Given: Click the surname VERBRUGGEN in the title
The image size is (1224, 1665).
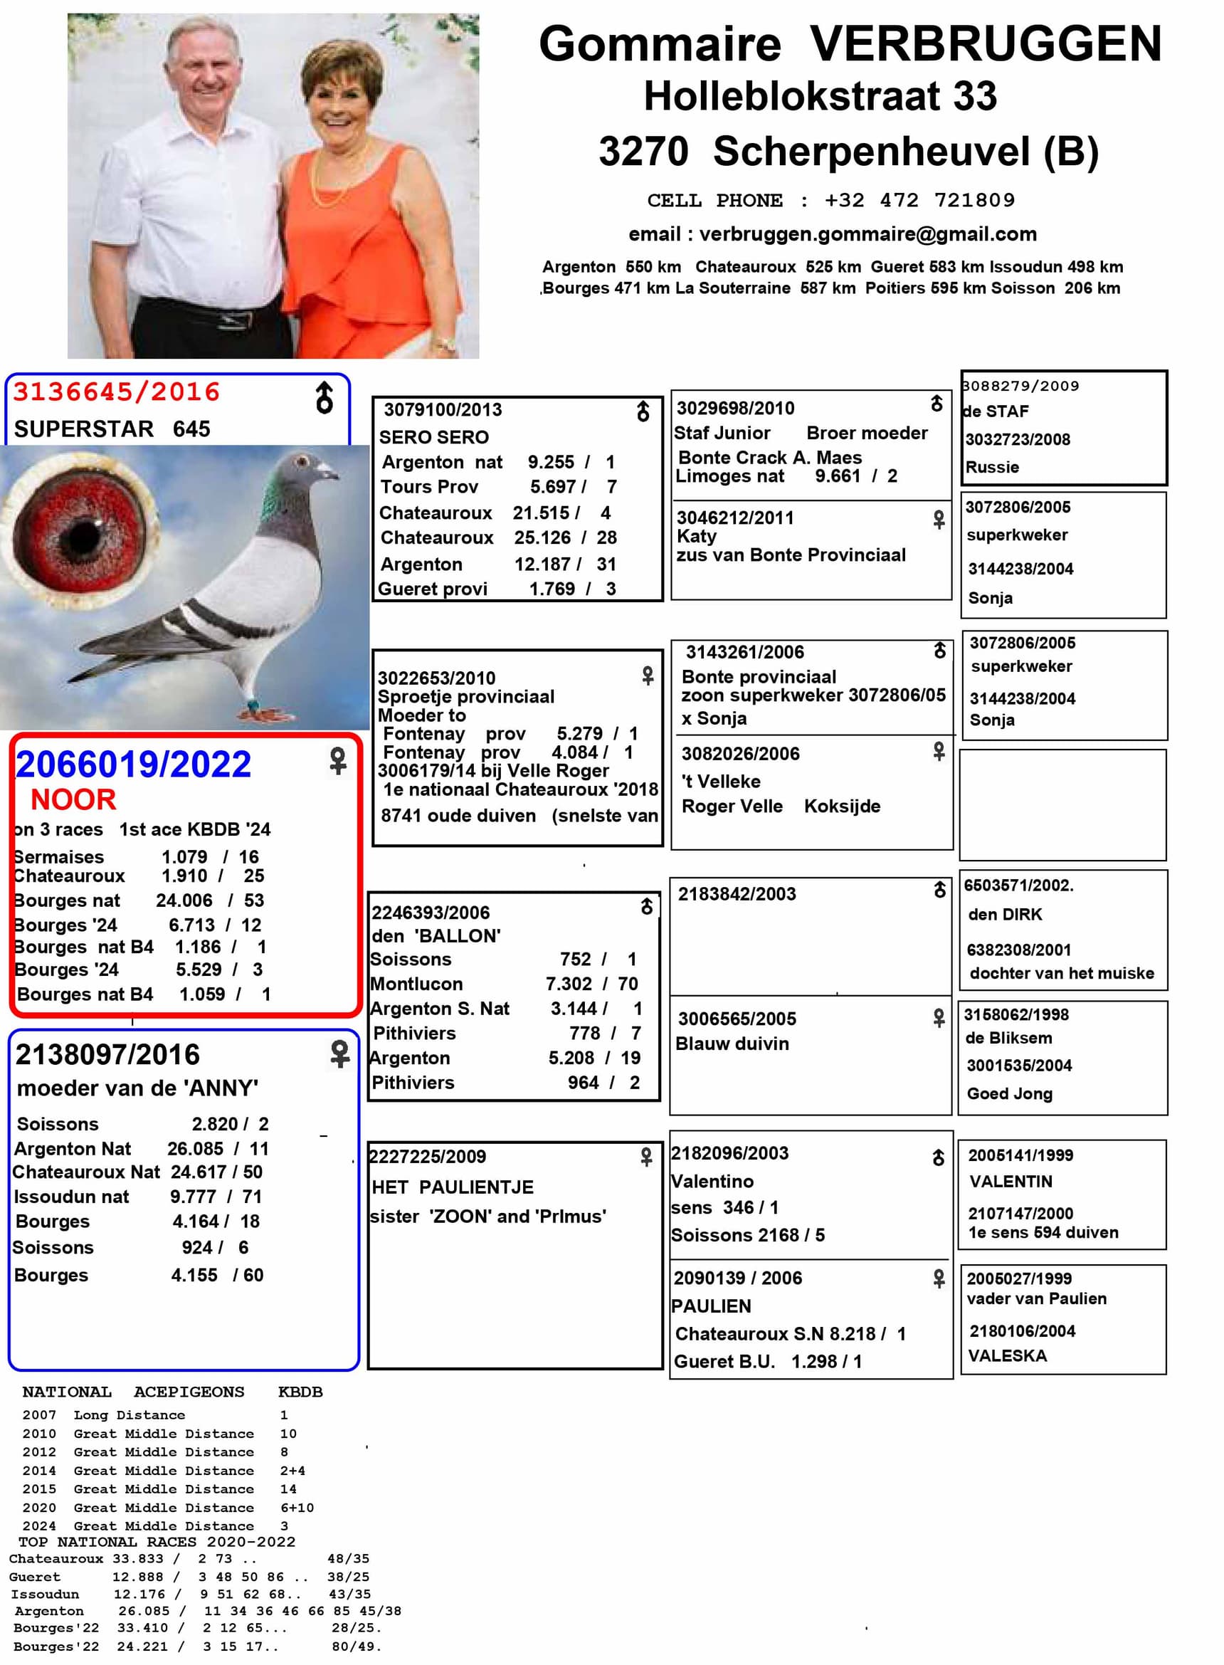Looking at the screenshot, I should [985, 43].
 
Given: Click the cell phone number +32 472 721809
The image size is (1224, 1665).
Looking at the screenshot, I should [919, 200].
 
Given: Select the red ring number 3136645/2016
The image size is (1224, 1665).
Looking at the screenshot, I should [116, 392].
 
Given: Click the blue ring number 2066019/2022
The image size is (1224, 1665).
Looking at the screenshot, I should [133, 764].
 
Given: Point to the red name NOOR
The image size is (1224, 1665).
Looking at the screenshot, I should [73, 799].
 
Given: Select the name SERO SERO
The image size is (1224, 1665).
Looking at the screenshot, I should [433, 437].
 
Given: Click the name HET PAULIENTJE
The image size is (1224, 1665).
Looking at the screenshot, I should [452, 1187].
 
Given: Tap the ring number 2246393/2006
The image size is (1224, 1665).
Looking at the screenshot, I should [431, 912].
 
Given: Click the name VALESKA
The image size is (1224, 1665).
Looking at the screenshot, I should [1007, 1355].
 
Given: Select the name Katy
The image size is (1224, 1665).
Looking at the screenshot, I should [696, 536].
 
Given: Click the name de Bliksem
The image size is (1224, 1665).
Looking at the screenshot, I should [1008, 1037].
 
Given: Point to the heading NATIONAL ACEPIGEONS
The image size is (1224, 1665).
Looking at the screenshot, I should [132, 1392].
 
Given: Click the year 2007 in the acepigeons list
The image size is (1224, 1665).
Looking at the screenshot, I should [39, 1414].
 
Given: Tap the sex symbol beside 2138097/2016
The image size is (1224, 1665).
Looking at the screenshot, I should [339, 1054].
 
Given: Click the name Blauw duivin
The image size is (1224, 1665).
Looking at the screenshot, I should [732, 1044].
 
